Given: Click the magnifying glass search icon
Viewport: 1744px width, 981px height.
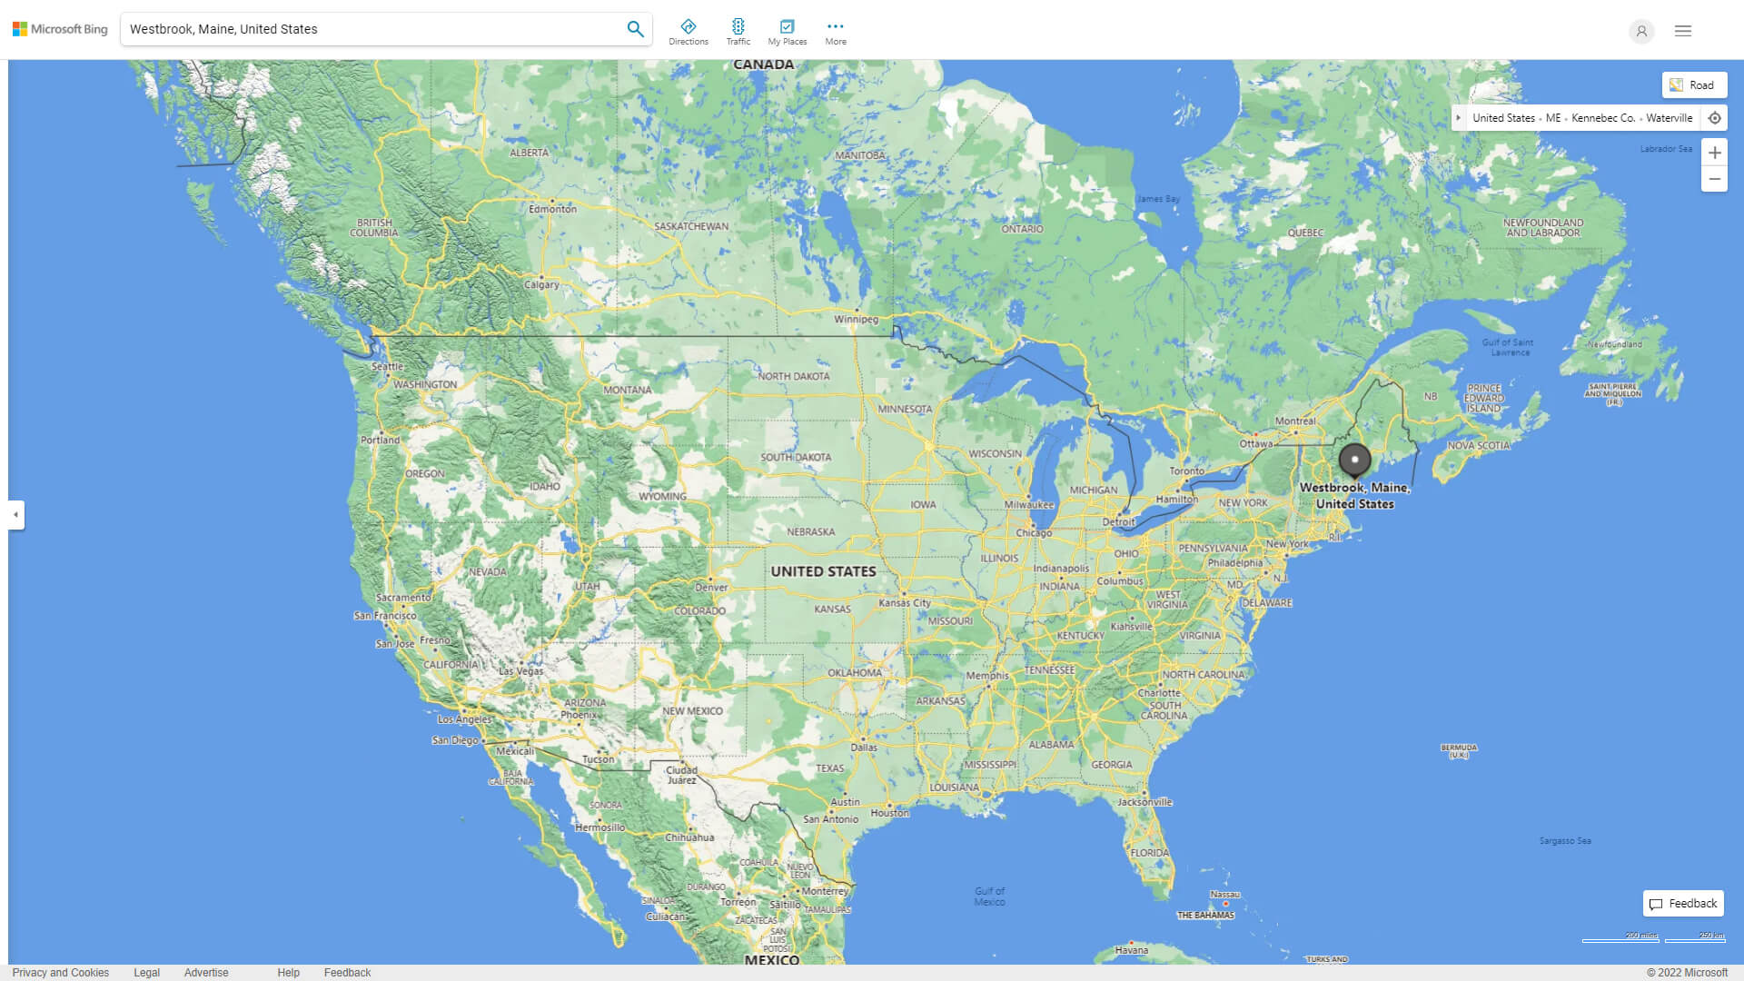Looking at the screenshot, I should coord(635,29).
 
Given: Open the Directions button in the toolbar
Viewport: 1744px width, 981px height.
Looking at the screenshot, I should coord(689,32).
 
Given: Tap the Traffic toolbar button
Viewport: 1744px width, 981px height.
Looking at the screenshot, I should coord(738,32).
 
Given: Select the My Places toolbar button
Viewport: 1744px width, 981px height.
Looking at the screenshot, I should coord(787,32).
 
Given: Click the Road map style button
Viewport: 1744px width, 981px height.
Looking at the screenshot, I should coord(1694,85).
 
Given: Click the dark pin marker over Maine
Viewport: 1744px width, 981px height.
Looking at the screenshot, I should coord(1354,460).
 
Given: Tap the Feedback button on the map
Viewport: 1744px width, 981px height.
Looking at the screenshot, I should coord(1683,904).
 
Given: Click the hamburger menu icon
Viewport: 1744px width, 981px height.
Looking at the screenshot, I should coord(1683,31).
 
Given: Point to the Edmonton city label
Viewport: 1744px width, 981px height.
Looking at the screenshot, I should coord(552,209).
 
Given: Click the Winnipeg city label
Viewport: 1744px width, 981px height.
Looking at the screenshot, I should coord(856,320).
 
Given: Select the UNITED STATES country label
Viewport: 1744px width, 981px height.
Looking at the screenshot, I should coord(823,571).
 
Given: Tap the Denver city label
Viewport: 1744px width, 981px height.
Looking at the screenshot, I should coord(711,587).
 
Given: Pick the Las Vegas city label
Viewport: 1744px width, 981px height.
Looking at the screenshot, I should coord(521,671).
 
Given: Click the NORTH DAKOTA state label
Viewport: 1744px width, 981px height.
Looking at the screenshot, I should coord(793,376).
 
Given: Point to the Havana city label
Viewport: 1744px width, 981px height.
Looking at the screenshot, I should coord(1131,950).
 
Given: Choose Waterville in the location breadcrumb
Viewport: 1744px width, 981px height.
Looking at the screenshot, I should coord(1669,118).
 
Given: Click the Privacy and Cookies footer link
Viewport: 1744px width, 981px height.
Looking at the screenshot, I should coord(61,973).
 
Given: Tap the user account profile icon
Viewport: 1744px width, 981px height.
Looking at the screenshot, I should coord(1641,31).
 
